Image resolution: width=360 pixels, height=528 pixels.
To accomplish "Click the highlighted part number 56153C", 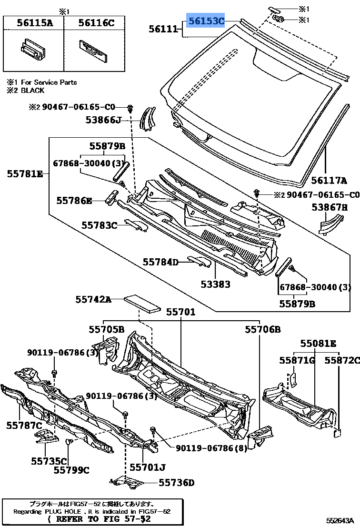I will coord(206,21).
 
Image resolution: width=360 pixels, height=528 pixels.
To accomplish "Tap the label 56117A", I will coord(329,181).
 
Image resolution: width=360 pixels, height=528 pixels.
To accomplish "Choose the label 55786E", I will coord(74,201).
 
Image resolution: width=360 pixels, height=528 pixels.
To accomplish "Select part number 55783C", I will coord(99,225).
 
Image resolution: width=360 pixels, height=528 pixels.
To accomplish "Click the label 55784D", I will coord(160,262).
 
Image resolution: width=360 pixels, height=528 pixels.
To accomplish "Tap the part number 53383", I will coord(215,284).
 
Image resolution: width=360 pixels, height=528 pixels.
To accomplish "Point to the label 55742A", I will coord(93,299).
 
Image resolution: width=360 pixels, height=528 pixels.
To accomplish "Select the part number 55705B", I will coord(106,329).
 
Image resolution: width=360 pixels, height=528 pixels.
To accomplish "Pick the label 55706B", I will coord(263,329).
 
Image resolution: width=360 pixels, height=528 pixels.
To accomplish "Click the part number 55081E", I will coord(318,343).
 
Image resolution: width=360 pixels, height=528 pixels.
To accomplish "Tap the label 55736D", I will coord(176,483).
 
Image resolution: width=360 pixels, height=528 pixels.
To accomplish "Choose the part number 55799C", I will coord(71,470).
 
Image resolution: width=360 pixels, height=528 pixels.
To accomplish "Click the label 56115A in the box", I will coord(35,22).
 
